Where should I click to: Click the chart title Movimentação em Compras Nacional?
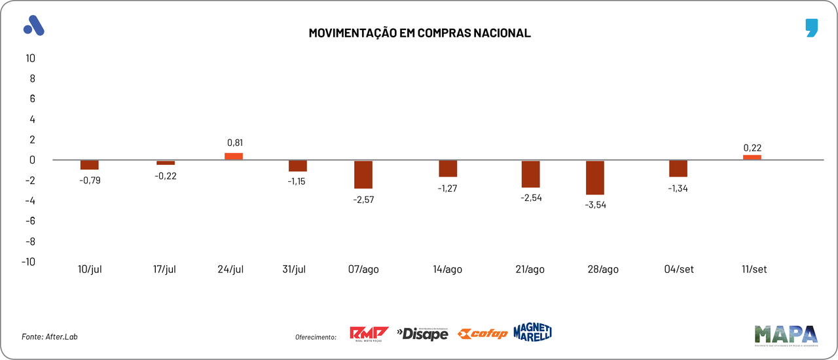(x=419, y=33)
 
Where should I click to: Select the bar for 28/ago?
(x=595, y=177)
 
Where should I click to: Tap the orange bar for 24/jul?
(x=234, y=156)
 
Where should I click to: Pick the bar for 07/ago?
(x=363, y=174)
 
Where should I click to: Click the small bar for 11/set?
(x=752, y=157)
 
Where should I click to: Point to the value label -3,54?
(x=595, y=204)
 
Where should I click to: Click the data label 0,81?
(x=235, y=143)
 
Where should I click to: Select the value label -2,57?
(x=363, y=198)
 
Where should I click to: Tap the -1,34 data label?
(x=678, y=189)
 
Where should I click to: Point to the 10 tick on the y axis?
(x=30, y=58)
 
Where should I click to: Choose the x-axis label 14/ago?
(x=447, y=270)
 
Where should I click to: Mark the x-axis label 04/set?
(x=678, y=270)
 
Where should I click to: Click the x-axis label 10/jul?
(x=90, y=270)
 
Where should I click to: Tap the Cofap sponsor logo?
(x=483, y=334)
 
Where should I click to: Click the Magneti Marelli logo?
(x=532, y=332)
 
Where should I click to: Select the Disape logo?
(x=422, y=334)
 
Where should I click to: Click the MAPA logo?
(x=786, y=334)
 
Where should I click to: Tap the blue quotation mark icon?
(x=812, y=28)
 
